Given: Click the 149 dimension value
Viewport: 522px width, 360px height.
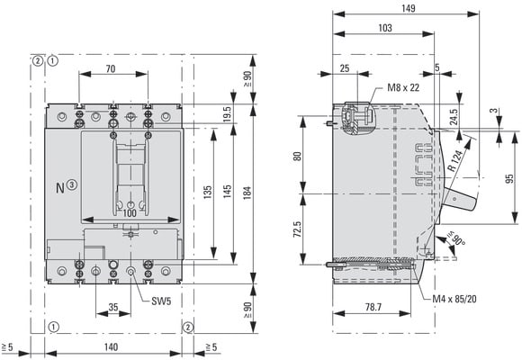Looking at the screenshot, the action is coord(408,8).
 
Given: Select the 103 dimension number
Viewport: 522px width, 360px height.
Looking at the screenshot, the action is coord(385,28).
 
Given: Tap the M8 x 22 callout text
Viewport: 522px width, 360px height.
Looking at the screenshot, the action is coord(403,87).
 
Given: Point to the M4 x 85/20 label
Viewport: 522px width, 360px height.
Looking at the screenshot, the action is coord(454,299).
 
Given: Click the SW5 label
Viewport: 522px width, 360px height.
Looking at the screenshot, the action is coord(161,301).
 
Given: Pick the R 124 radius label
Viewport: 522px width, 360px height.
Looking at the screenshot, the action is coord(455,160).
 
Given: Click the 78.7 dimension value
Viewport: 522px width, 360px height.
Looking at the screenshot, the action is coord(373,307).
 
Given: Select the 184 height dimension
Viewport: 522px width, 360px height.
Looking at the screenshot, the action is coord(247,193).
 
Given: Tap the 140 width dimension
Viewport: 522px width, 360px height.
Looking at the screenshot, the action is coord(111,347).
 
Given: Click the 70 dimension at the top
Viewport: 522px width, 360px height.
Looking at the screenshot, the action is coord(111,68).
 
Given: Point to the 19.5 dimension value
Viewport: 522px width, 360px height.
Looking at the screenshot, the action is coord(227,114).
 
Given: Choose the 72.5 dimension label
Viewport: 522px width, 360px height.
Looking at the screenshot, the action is coord(297,229).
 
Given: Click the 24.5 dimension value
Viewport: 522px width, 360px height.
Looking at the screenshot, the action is coord(453,117).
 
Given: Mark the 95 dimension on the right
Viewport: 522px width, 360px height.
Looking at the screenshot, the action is coord(509,179).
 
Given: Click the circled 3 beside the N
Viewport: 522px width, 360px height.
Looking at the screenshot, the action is coord(72,184).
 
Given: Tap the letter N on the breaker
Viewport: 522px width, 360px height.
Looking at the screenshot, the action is coord(60,188).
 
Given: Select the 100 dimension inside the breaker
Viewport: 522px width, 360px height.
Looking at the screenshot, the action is coord(130,212).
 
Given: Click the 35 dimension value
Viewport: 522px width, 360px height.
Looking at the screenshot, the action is coord(113,307).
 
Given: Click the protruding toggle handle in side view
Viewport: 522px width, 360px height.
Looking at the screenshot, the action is coord(460,199).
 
